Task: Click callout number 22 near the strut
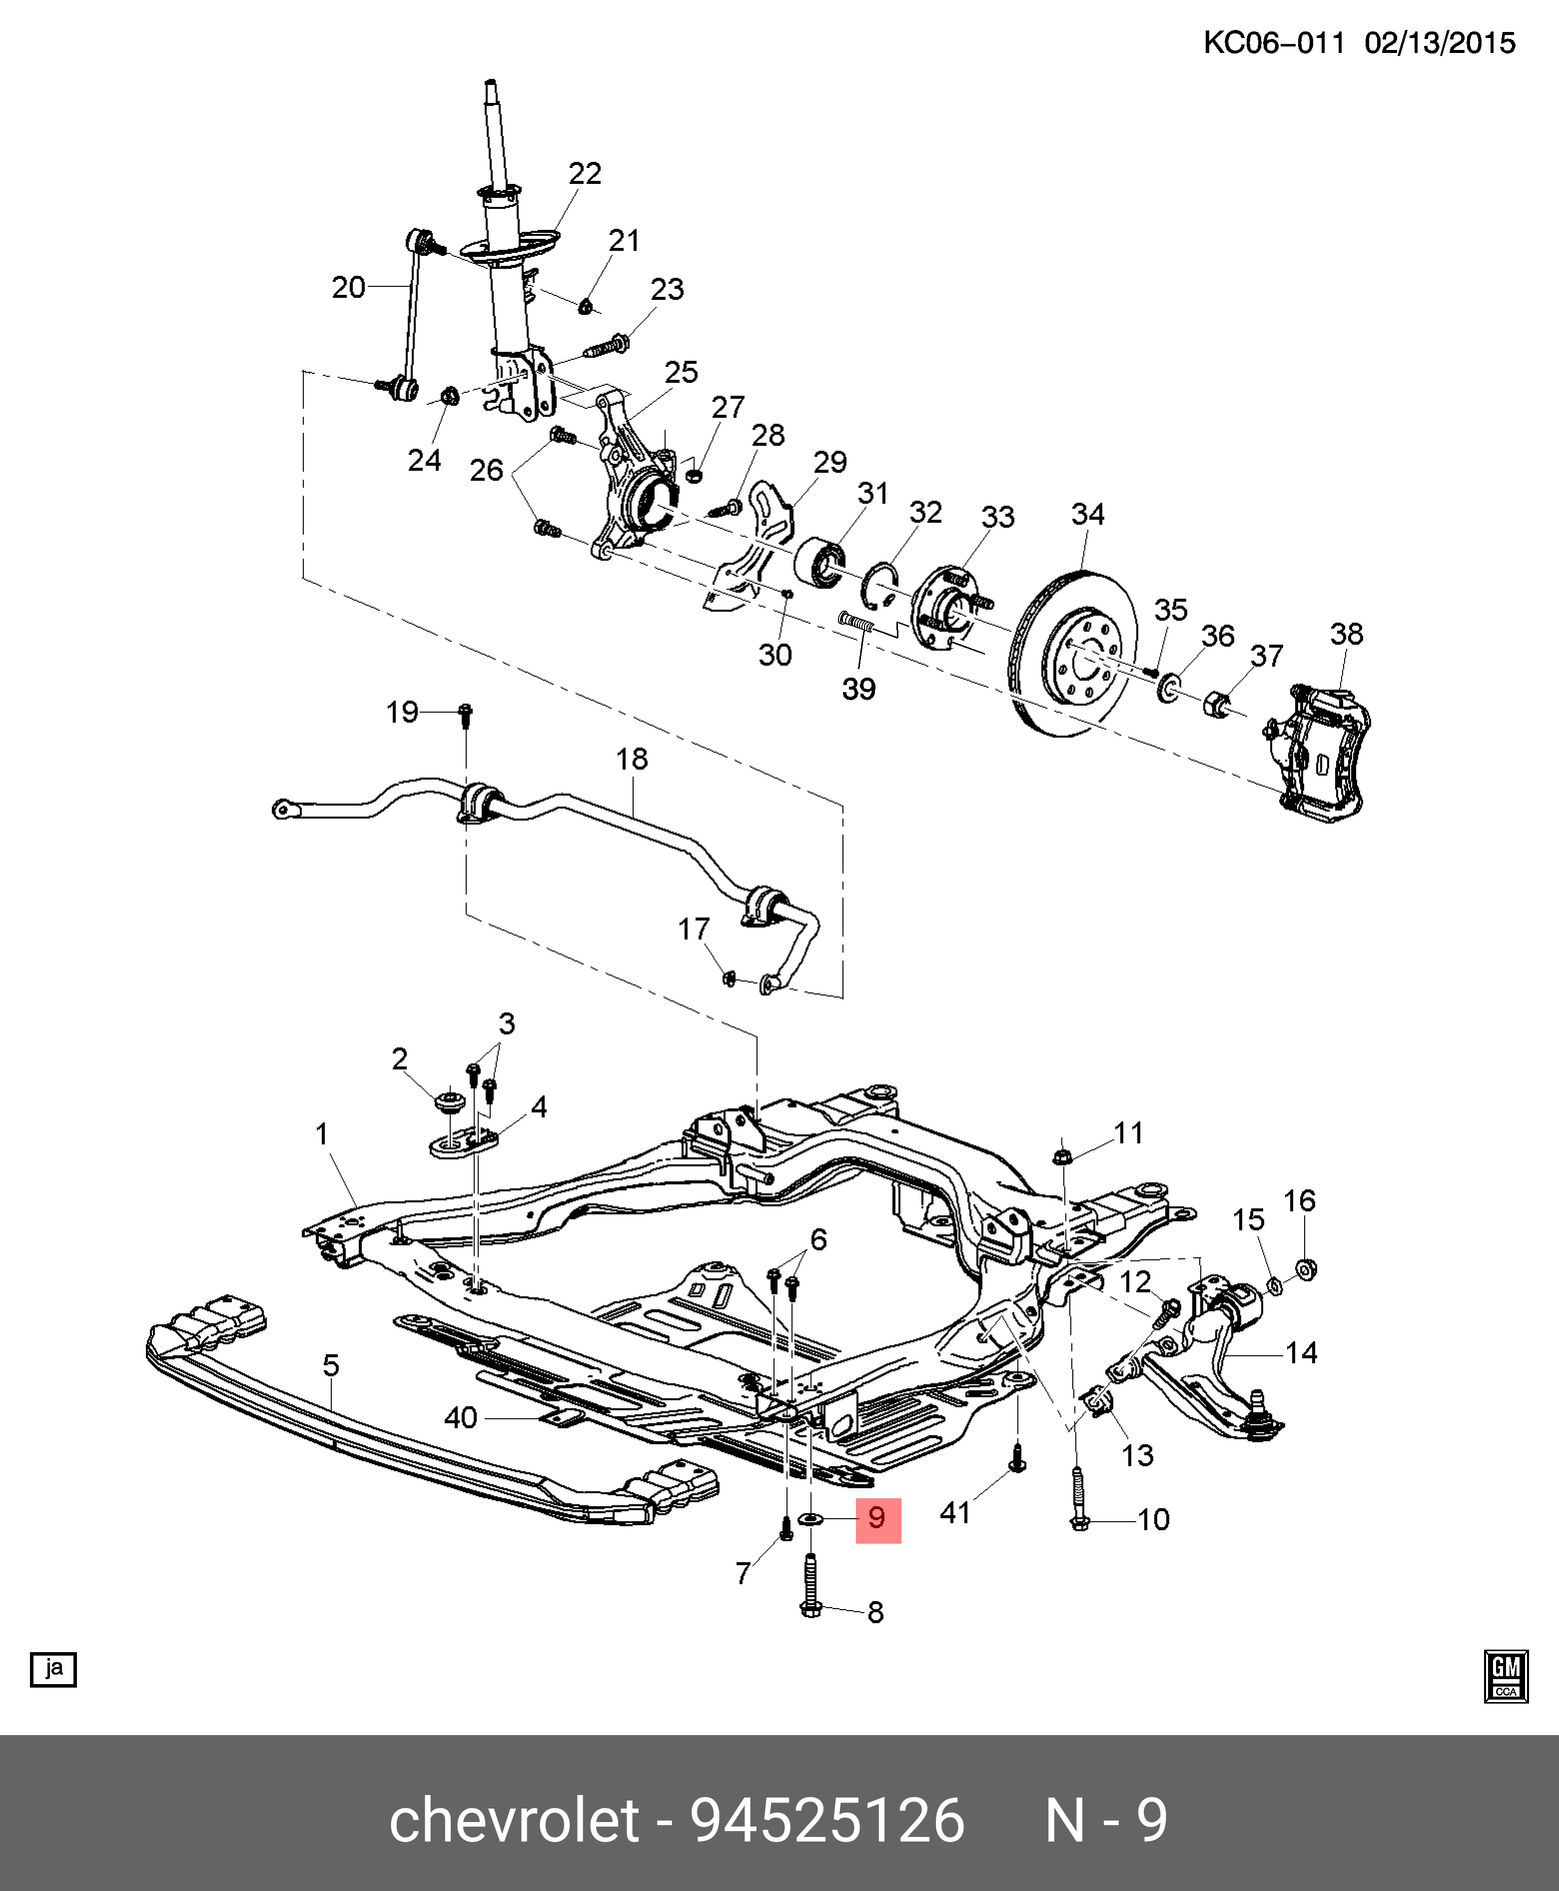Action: point(585,173)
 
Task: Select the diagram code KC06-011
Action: point(1273,42)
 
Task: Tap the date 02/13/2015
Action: point(1440,42)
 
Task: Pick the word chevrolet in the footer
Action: point(515,1821)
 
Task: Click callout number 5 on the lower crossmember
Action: point(330,1366)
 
